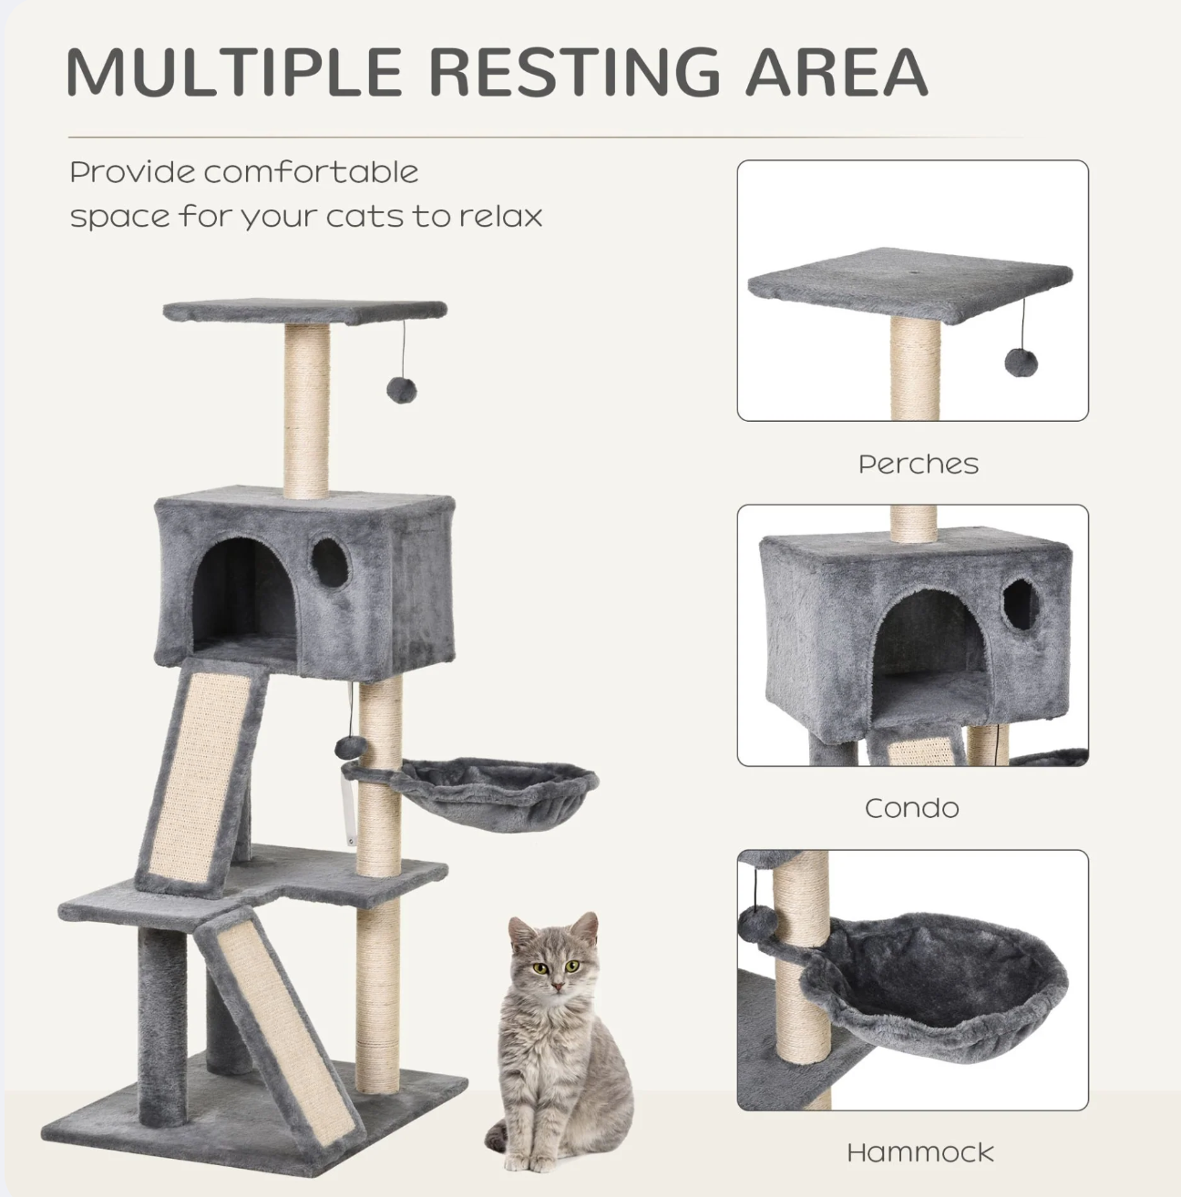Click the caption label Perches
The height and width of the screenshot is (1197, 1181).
(x=919, y=464)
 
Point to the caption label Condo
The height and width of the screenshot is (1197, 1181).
(x=912, y=808)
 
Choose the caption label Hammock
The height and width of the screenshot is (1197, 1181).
(x=920, y=1152)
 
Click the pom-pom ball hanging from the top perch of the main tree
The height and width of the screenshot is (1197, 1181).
(x=402, y=390)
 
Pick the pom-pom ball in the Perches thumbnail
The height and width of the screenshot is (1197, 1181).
(x=1021, y=363)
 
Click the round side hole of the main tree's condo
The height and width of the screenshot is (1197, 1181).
(x=330, y=563)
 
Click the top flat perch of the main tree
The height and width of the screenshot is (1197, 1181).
(x=305, y=312)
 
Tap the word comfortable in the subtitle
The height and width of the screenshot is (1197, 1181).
(x=311, y=172)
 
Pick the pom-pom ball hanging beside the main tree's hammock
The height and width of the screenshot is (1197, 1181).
(x=346, y=748)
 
